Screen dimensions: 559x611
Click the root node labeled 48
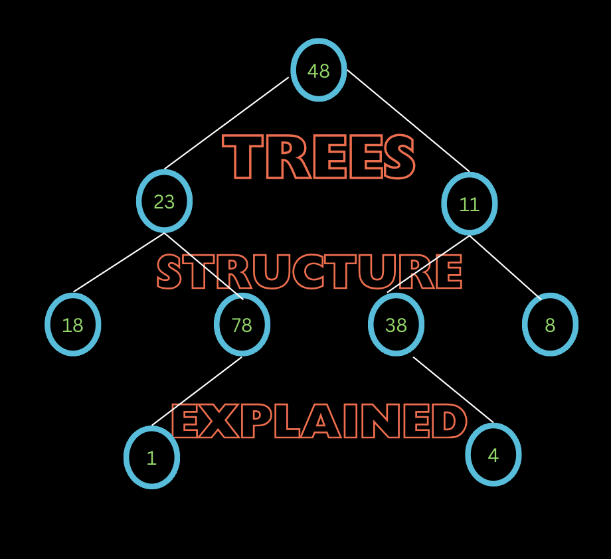[x=319, y=70]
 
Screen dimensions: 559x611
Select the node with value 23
[x=164, y=201]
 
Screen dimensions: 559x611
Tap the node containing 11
[x=470, y=204]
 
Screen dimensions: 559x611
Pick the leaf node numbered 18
[x=73, y=325]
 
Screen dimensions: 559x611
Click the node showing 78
[x=242, y=325]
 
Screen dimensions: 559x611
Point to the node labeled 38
[x=396, y=325]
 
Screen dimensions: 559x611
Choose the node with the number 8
[x=550, y=325]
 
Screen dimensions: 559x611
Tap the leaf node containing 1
[x=151, y=457]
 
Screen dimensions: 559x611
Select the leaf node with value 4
[x=493, y=455]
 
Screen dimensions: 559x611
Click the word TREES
[x=319, y=157]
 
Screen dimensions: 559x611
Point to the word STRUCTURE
[x=309, y=272]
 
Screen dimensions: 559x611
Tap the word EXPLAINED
[x=319, y=421]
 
